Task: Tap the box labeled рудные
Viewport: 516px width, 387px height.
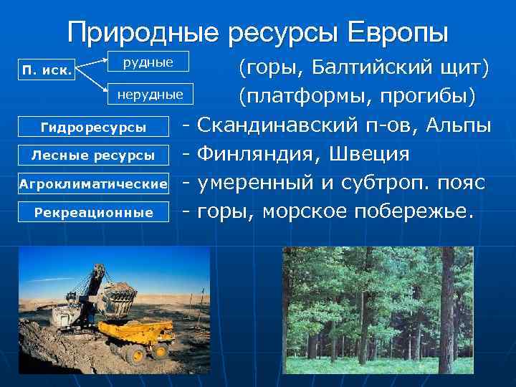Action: pyautogui.click(x=148, y=62)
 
